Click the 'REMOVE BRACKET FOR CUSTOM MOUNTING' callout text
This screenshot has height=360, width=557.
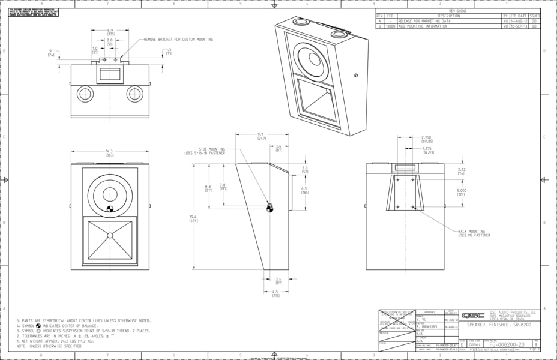click(178, 40)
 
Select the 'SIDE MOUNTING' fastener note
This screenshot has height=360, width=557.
click(205, 151)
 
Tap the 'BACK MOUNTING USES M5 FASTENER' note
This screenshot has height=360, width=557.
click(474, 233)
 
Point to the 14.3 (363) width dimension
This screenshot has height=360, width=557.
click(109, 153)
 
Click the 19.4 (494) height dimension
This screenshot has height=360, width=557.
click(193, 218)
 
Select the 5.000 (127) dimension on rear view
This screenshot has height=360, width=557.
click(461, 192)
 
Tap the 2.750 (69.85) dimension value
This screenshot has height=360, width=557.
click(427, 139)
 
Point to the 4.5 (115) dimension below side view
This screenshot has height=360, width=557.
click(276, 294)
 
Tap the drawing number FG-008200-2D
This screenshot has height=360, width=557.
click(507, 345)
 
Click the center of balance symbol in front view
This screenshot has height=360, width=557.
click(109, 209)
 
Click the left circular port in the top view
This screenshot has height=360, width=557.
click(85, 94)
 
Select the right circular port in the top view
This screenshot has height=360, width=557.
click(134, 94)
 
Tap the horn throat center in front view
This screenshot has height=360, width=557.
click(110, 235)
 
